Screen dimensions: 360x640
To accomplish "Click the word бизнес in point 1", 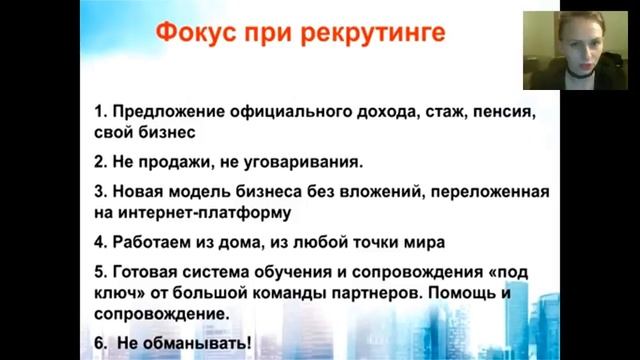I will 158,131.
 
